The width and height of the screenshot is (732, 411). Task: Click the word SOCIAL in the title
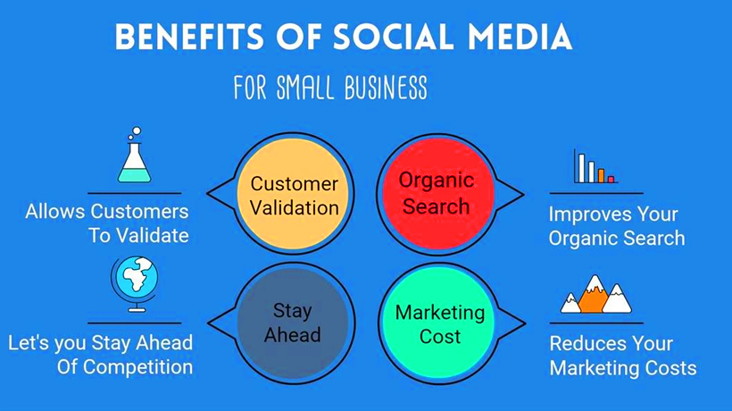coord(393,37)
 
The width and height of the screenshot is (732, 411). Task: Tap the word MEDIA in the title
coord(520,37)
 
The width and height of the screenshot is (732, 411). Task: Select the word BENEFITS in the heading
coord(189,37)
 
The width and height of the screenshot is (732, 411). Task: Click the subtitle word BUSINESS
coord(386,87)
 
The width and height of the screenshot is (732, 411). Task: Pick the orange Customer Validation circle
coord(293,193)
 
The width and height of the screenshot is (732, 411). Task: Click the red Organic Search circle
coord(438,193)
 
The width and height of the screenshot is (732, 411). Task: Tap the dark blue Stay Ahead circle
coord(293,323)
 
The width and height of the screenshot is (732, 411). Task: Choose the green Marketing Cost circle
coord(438,323)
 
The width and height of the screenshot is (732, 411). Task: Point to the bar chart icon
coord(595,167)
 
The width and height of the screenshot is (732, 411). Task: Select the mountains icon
coord(596,294)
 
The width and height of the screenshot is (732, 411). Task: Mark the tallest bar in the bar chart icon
coord(582,168)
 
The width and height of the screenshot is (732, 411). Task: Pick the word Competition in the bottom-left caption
coord(137,367)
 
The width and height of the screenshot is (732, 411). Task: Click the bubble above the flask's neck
coord(137,130)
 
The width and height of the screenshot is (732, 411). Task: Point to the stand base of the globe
coord(137,309)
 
